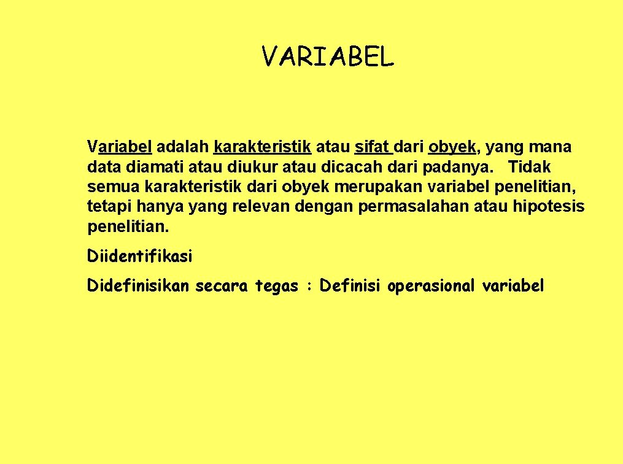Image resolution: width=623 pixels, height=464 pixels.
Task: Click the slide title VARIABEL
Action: pyautogui.click(x=327, y=57)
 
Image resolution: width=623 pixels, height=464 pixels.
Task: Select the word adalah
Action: pyautogui.click(x=184, y=147)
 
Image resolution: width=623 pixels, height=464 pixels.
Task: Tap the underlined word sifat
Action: pyautogui.click(x=372, y=147)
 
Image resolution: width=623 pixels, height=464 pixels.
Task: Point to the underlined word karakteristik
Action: pyautogui.click(x=263, y=147)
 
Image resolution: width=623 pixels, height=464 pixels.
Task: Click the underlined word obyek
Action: pyautogui.click(x=452, y=148)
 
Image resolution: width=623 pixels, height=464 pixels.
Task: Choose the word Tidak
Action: pyautogui.click(x=530, y=167)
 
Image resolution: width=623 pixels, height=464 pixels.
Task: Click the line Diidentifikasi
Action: pyautogui.click(x=140, y=256)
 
